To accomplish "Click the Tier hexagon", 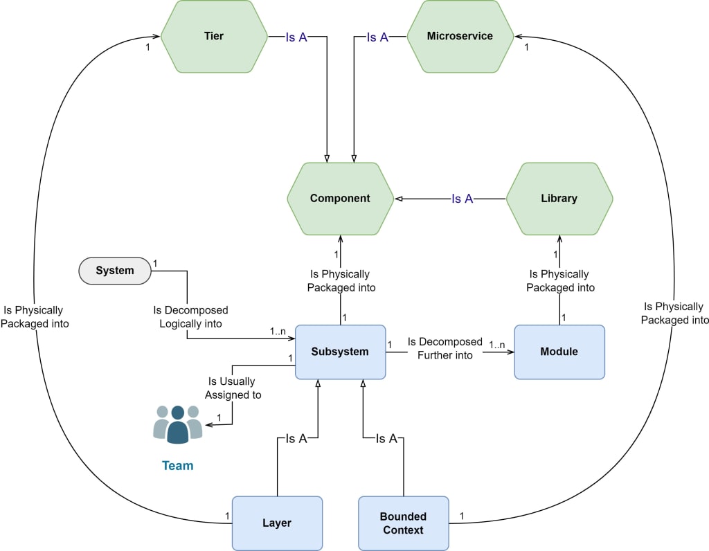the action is click(x=214, y=36).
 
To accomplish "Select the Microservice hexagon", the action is click(x=460, y=36).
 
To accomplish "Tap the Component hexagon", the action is click(x=340, y=199).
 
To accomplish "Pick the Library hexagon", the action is click(x=559, y=199).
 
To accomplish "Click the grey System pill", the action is click(x=115, y=271).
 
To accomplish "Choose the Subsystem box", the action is click(x=340, y=352).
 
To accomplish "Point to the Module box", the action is click(x=559, y=352).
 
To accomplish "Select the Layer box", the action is click(x=277, y=523).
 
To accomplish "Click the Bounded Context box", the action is click(x=404, y=523).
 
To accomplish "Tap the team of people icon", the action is click(x=178, y=424).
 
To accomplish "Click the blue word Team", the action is click(x=178, y=466).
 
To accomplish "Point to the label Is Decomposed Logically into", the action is click(x=190, y=317).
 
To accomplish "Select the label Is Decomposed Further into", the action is click(x=445, y=348).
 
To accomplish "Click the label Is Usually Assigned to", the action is click(x=233, y=388).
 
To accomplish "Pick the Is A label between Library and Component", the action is click(x=462, y=199).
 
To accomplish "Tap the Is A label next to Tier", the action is click(x=296, y=37).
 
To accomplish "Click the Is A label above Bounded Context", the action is click(x=386, y=438).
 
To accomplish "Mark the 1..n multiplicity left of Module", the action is click(x=497, y=345).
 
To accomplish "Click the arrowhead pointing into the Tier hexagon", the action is click(x=156, y=36).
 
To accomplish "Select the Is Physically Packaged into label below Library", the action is click(x=560, y=281).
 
